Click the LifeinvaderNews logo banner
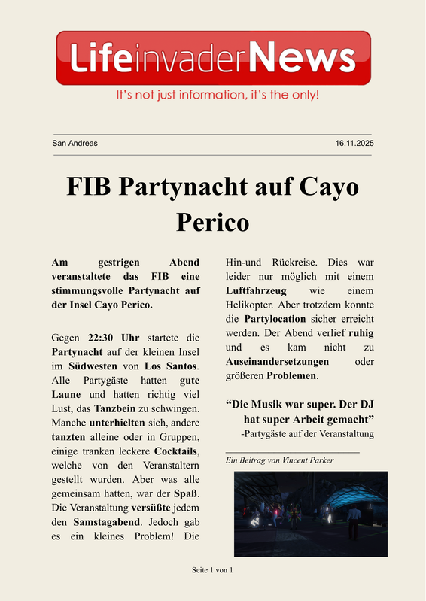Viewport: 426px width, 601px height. [213, 58]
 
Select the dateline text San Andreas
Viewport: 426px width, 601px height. [75, 143]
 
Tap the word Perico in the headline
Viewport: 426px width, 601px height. [212, 223]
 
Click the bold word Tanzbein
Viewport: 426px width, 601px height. [114, 408]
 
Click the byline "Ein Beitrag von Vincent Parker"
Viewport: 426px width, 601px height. [279, 460]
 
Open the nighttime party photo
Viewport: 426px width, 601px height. [311, 514]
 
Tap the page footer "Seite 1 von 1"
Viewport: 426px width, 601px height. [212, 570]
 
